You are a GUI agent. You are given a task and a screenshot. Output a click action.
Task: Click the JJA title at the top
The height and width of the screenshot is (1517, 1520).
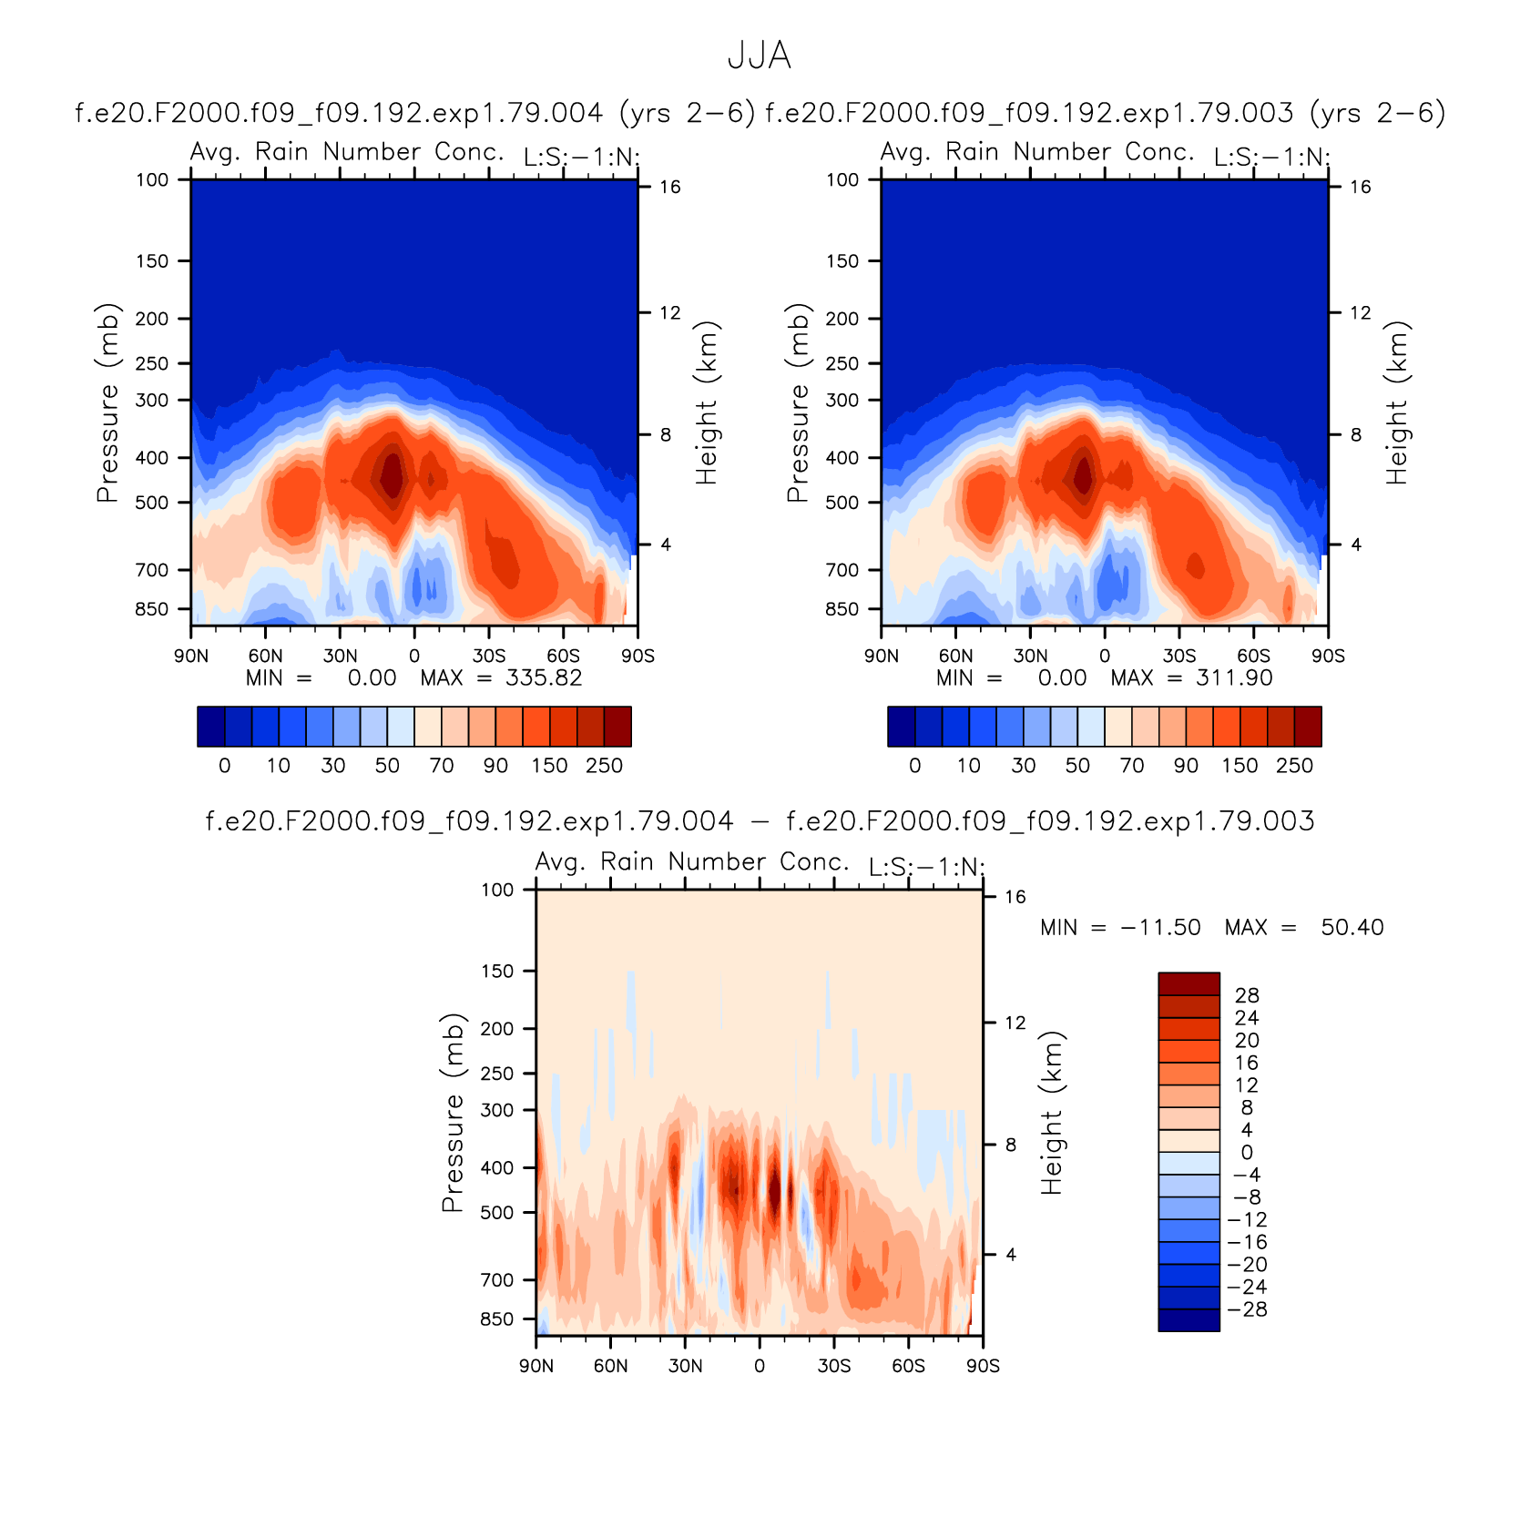760,56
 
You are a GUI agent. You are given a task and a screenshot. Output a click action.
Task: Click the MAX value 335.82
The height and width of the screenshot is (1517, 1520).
544,678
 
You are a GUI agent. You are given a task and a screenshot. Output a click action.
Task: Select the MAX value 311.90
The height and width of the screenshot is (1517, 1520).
1234,678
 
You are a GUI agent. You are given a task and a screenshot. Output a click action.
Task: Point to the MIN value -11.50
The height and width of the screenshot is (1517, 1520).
1160,928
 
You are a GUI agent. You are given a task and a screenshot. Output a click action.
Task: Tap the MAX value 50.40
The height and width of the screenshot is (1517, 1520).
1352,928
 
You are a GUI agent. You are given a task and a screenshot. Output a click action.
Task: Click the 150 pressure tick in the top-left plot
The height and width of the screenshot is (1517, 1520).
152,261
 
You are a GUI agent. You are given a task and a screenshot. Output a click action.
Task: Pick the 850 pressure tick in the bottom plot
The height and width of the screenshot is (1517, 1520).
497,1319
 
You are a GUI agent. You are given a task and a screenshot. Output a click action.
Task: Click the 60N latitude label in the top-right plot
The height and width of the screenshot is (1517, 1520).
955,656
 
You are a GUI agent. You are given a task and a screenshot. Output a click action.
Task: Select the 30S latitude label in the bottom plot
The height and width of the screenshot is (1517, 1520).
834,1366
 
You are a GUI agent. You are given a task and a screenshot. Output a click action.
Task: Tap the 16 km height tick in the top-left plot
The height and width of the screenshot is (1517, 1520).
670,188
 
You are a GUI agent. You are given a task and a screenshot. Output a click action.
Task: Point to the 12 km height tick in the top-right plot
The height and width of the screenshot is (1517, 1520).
1361,313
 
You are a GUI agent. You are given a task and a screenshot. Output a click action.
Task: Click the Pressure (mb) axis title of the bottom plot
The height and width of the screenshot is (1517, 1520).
453,1113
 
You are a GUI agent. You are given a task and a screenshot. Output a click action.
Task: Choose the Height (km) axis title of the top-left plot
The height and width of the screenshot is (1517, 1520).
707,402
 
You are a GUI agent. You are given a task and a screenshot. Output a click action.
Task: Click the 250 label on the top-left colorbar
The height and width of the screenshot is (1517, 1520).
604,766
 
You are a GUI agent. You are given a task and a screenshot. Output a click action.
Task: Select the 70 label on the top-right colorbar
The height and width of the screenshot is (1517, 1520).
1132,766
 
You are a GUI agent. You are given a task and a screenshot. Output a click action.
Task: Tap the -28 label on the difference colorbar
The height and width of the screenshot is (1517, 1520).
1247,1309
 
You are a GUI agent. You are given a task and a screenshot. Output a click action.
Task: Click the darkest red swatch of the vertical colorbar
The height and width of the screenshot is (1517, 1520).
1188,983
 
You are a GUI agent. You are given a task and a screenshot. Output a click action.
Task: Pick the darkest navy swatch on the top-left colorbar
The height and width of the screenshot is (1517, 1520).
210,727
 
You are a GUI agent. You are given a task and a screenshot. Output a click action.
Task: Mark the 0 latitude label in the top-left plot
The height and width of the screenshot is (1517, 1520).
414,656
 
